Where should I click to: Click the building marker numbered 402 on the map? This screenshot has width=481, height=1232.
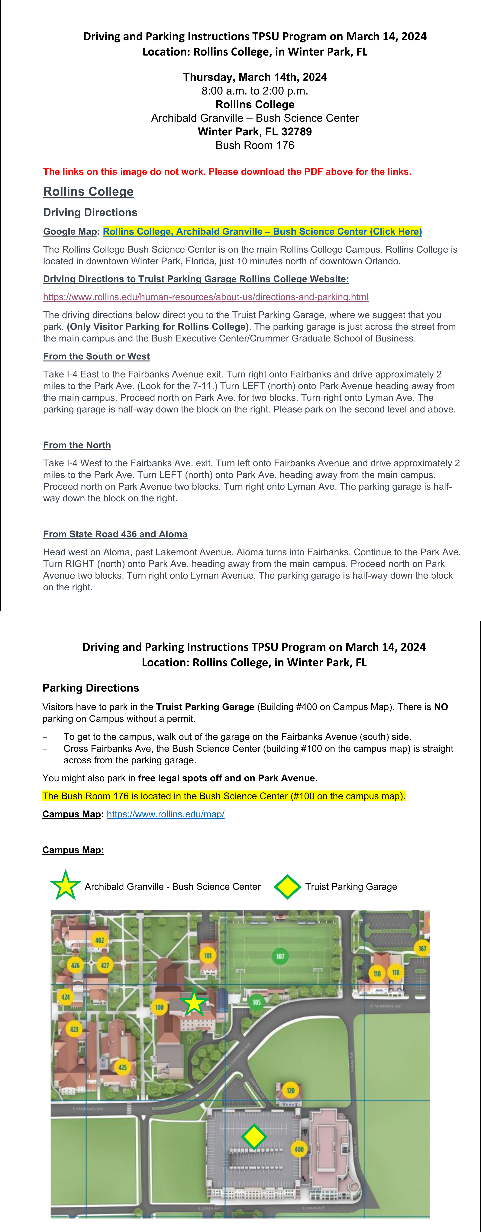pos(100,940)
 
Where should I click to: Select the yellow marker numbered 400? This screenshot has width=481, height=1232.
pos(299,1149)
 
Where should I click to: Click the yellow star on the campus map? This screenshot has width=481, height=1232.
pos(194,1003)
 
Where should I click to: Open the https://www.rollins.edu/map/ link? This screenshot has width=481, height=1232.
pos(166,814)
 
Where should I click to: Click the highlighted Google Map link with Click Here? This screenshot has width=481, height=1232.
pos(262,232)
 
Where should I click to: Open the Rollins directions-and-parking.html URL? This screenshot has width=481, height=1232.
pos(206,297)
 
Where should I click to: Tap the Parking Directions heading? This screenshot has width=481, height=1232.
pos(91,688)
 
